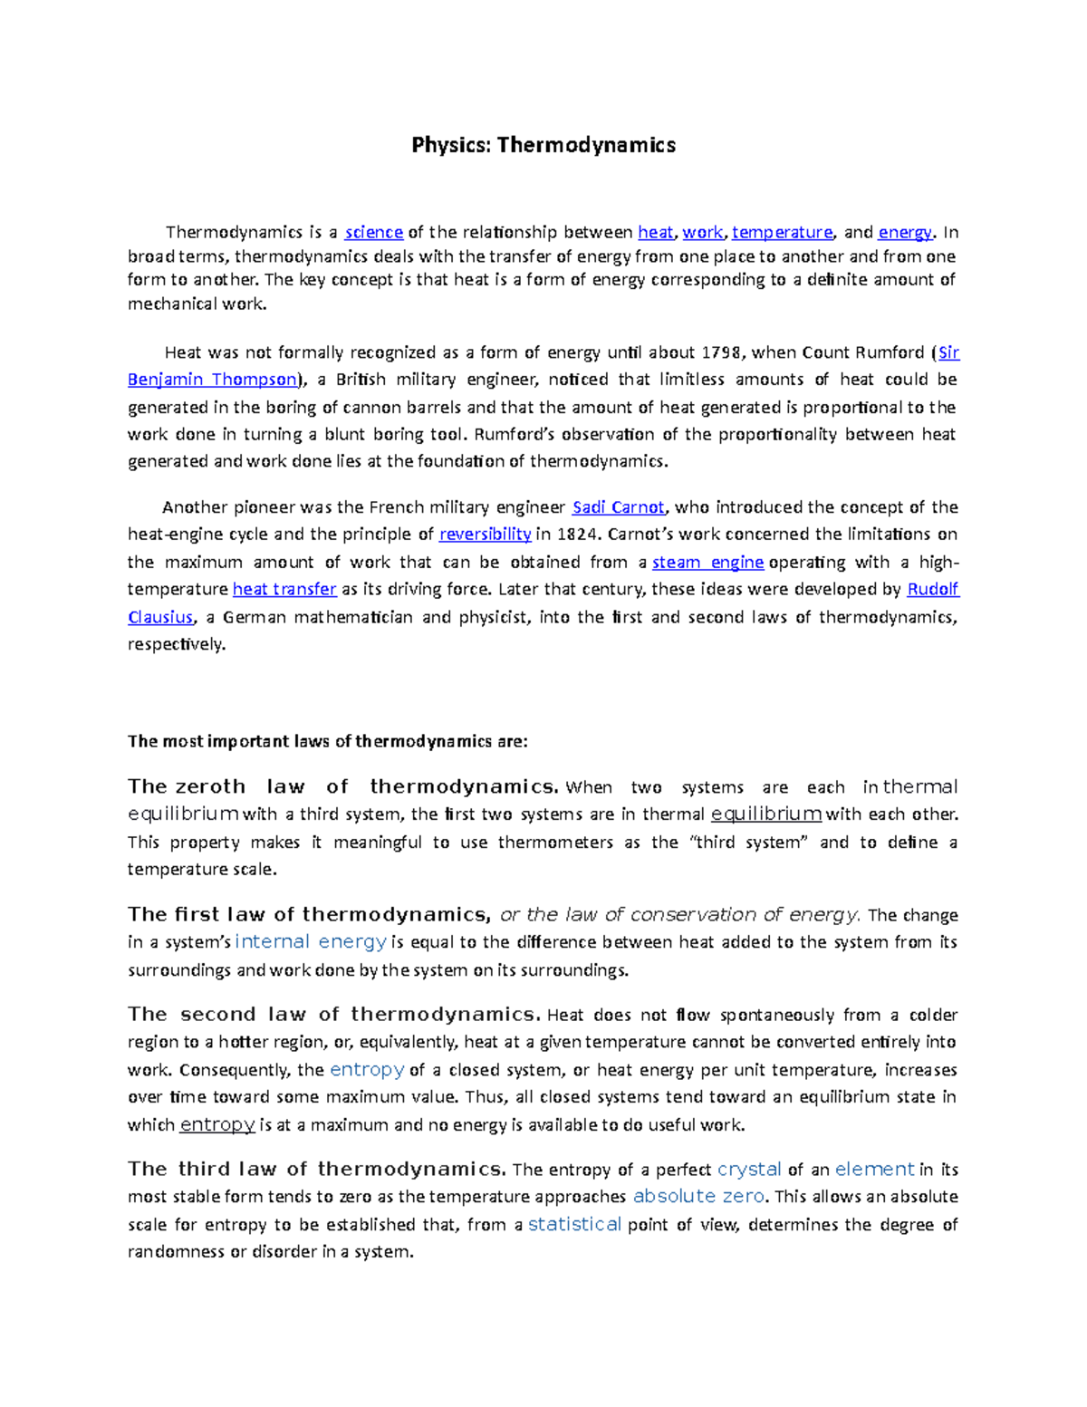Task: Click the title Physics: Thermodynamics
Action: coord(543,145)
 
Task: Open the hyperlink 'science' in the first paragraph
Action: coord(374,232)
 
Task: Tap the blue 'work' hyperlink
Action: coord(703,232)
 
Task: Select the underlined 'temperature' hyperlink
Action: coord(782,232)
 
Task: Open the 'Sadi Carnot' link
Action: coord(619,507)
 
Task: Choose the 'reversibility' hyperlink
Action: coord(485,535)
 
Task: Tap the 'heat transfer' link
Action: coord(284,590)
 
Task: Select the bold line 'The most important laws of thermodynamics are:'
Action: coord(327,741)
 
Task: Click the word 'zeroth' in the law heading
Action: coord(209,786)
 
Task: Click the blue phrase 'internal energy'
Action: coord(311,942)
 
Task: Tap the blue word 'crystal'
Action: coord(748,1170)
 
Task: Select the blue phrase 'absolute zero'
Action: coord(698,1197)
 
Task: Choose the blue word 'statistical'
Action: coord(574,1225)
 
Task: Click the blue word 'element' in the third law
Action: coord(874,1170)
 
